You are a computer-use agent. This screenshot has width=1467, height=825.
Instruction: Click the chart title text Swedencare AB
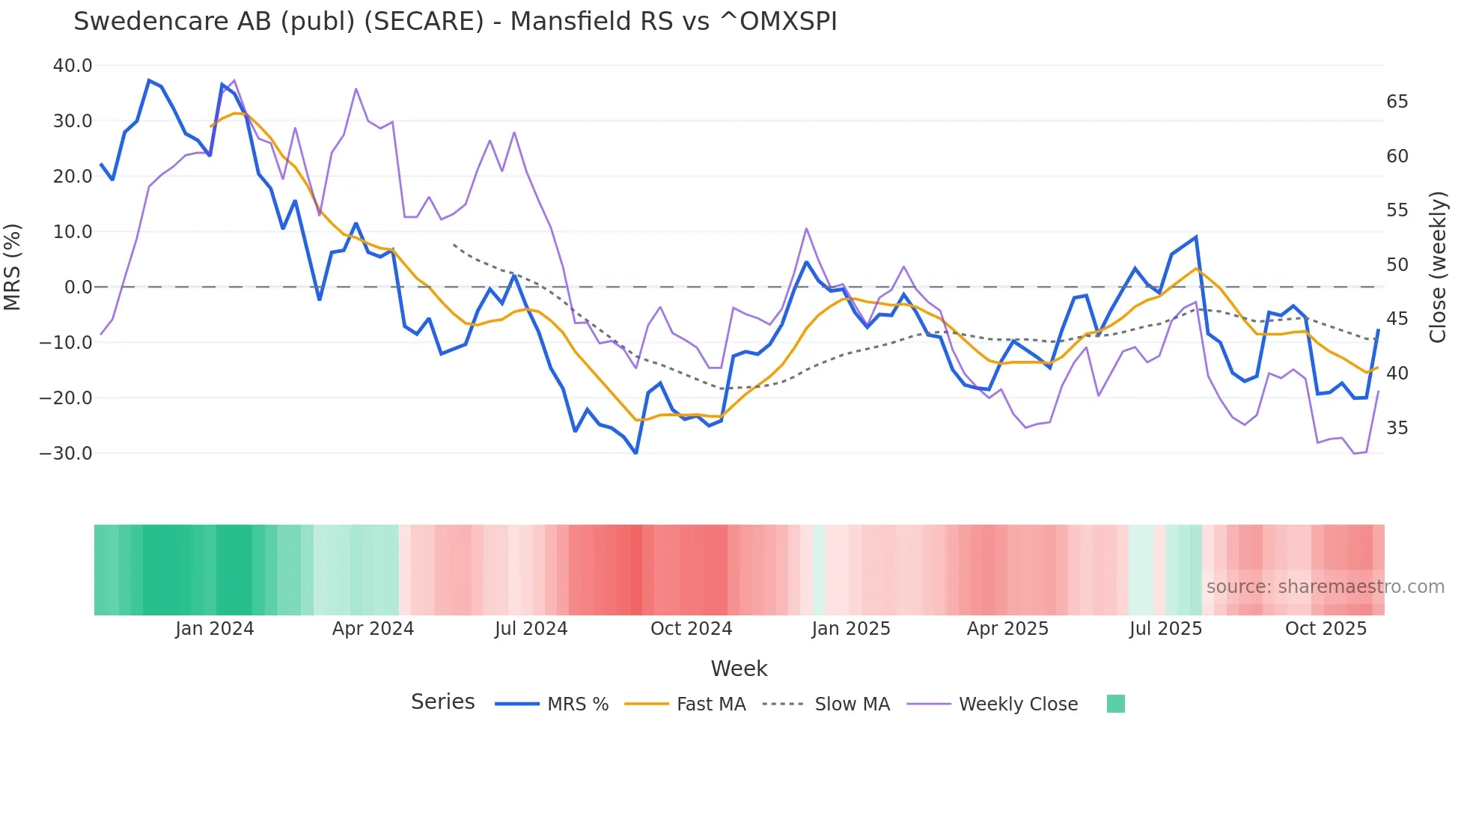(x=454, y=22)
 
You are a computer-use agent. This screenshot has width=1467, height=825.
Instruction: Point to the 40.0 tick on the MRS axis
(x=73, y=66)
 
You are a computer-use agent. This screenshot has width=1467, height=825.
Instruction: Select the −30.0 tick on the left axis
(x=66, y=454)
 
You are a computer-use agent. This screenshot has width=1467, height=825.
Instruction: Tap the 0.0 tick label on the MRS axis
(x=78, y=287)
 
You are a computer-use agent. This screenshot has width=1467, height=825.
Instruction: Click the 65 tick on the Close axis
(x=1397, y=102)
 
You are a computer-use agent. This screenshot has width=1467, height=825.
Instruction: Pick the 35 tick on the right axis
(x=1397, y=428)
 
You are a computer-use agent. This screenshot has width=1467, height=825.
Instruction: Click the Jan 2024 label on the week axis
(x=215, y=629)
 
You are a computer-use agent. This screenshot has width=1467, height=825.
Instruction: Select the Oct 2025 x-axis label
(x=1326, y=629)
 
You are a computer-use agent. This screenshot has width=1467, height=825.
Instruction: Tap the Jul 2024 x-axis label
(x=531, y=629)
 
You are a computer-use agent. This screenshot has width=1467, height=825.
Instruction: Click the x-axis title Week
(x=739, y=669)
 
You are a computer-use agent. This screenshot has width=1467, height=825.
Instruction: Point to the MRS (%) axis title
(x=13, y=267)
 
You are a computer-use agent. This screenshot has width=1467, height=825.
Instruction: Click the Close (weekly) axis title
(x=1437, y=267)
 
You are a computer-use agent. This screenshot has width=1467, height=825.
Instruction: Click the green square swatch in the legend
(x=1115, y=704)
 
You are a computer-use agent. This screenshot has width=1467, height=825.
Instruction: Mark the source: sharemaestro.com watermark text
(x=1325, y=587)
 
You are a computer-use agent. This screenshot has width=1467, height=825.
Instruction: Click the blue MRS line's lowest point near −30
(x=635, y=453)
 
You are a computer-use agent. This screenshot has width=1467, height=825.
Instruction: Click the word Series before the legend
(x=442, y=702)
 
